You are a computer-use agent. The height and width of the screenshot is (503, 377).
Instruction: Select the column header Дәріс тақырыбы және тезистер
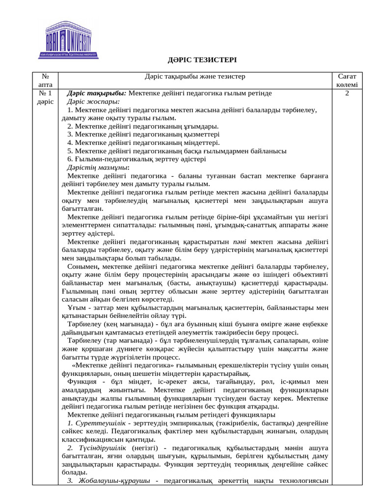(195, 77)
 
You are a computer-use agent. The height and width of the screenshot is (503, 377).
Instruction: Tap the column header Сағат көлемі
(347, 81)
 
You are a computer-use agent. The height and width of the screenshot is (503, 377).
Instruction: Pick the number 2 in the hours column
(347, 93)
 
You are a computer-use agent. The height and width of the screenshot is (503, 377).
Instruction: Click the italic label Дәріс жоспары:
(90, 101)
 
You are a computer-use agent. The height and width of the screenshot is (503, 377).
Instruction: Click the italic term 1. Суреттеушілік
(96, 423)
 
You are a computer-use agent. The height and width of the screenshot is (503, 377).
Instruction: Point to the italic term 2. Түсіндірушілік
(99, 448)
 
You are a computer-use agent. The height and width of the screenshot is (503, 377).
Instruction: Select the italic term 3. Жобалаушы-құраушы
(109, 481)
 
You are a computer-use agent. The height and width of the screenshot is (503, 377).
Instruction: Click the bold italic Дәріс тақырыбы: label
(97, 93)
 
